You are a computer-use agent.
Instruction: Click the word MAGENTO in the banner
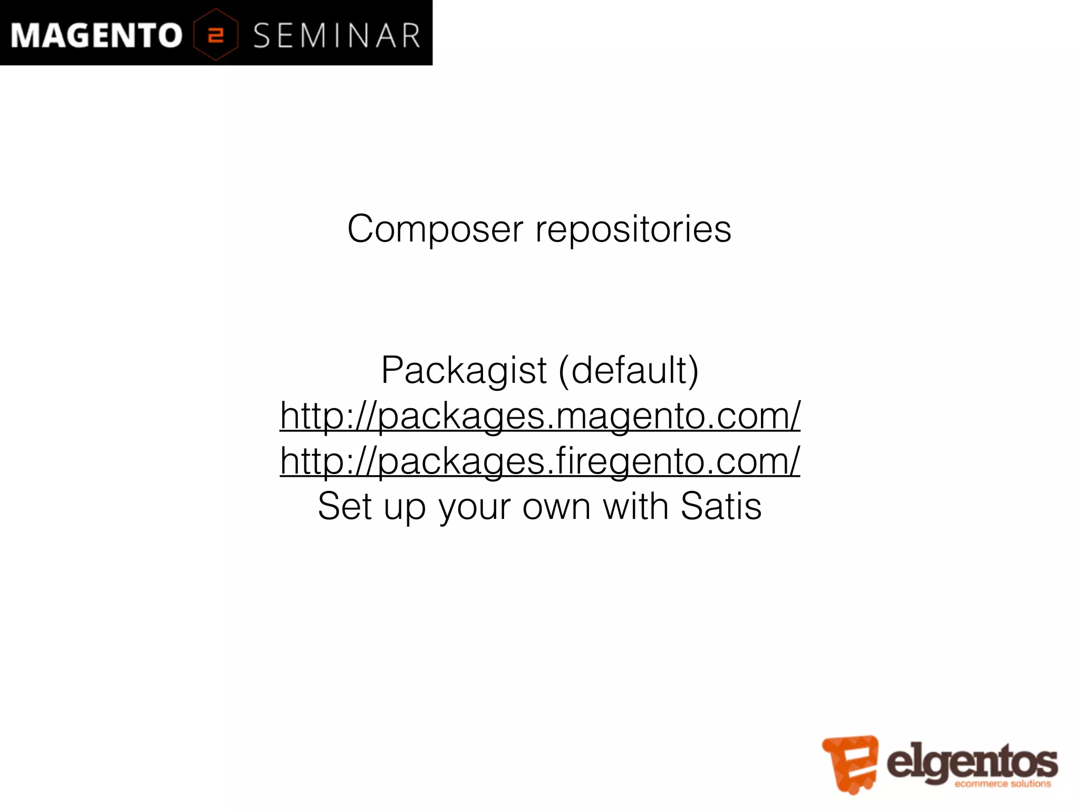click(97, 36)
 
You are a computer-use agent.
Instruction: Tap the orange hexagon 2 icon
click(216, 35)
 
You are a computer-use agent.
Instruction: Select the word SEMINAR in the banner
click(336, 36)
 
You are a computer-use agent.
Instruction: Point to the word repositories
click(633, 229)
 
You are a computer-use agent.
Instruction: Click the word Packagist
click(464, 371)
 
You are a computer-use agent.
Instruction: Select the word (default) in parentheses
click(629, 371)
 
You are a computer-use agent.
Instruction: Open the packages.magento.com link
click(540, 416)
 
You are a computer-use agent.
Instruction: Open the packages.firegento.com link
click(540, 461)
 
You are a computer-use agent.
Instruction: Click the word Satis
click(721, 506)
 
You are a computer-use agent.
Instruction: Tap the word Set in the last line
click(344, 506)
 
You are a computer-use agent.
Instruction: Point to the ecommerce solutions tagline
click(1002, 784)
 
